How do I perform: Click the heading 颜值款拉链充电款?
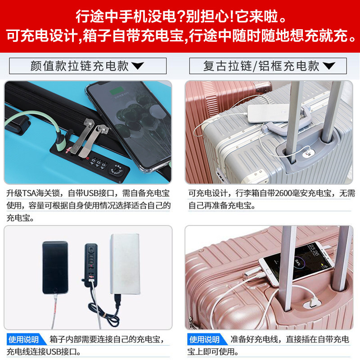(80, 66)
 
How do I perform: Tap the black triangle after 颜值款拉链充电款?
(138, 67)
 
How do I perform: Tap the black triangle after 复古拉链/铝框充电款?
(329, 67)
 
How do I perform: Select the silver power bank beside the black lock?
(126, 263)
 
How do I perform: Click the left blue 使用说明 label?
(23, 339)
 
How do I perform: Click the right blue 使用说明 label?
(204, 339)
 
